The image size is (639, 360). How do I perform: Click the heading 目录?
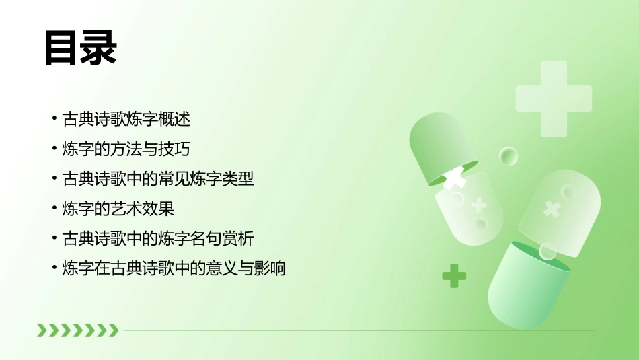tap(81, 48)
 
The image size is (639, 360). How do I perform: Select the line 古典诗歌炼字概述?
tap(126, 120)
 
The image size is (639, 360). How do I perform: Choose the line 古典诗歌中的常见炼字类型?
tap(158, 179)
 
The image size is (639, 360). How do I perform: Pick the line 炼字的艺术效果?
tap(118, 209)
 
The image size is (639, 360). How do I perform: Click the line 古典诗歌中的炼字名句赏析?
tap(158, 238)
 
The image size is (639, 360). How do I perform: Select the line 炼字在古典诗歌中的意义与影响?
tap(174, 268)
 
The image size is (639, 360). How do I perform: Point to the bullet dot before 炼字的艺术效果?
tap(54, 209)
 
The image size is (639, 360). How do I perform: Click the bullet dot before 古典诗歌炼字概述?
tap(54, 120)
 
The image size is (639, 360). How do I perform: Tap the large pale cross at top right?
tap(553, 98)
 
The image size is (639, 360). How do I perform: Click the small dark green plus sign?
tap(454, 276)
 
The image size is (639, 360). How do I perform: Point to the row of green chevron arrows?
tap(77, 330)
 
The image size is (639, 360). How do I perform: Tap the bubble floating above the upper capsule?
tap(509, 157)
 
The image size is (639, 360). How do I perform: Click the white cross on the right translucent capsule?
tap(552, 209)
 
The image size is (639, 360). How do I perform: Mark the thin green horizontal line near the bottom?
tap(356, 330)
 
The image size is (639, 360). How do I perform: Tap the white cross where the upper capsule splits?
tap(456, 177)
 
